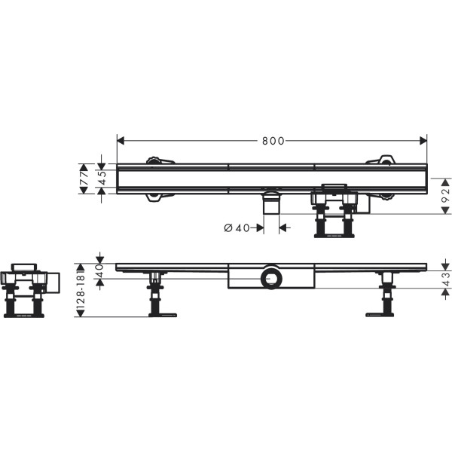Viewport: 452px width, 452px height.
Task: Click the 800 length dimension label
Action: tap(273, 141)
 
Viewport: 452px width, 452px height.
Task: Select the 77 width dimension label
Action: tap(84, 179)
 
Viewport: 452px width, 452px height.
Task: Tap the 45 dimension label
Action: tap(102, 178)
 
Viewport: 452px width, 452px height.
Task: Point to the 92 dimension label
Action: tap(446, 196)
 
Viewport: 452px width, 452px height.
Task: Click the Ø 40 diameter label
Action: tap(237, 228)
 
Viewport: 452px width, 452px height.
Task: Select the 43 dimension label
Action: tap(446, 279)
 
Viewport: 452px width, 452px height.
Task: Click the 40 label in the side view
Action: tap(99, 270)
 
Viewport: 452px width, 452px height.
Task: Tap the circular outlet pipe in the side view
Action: tap(271, 279)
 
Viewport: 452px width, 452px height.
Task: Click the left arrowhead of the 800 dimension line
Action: tap(121, 141)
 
